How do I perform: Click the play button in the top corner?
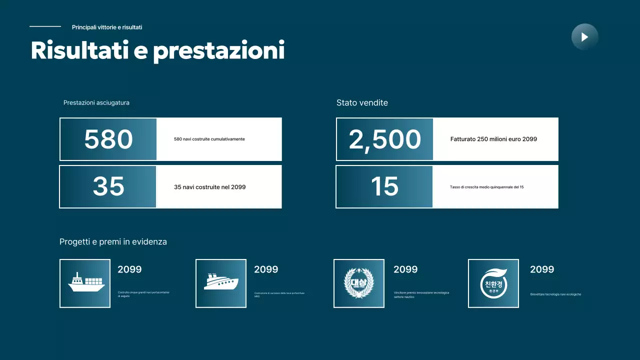[x=584, y=37]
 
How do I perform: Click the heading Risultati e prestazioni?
[x=157, y=50]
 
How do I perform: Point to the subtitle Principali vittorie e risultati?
[x=107, y=27]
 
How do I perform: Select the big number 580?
[x=108, y=139]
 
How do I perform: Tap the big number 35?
[x=108, y=186]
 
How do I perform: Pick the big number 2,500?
[x=385, y=139]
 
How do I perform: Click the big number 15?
[x=384, y=186]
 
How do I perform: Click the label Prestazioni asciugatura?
[x=96, y=103]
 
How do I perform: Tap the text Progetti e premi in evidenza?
[x=113, y=242]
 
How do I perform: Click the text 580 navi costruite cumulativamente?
[x=209, y=139]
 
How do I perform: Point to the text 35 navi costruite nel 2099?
[x=210, y=187]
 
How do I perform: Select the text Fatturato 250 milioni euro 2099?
[x=493, y=139]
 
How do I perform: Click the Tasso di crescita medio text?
[x=486, y=187]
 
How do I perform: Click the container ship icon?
[x=85, y=283]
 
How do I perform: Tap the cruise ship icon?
[x=221, y=283]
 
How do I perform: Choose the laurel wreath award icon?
[x=359, y=283]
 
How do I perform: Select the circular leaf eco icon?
[x=493, y=283]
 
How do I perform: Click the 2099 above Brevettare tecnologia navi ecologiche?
[x=542, y=269]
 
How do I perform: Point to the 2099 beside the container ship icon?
[x=129, y=269]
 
